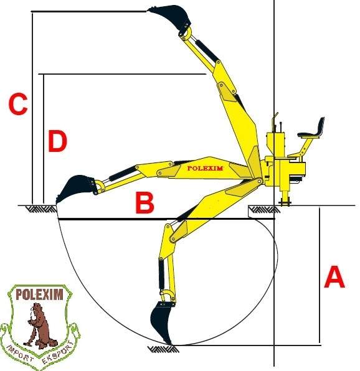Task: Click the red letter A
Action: [x=334, y=276]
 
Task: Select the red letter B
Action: [x=144, y=202]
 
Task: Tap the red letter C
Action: [x=18, y=104]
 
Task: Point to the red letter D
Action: [x=57, y=141]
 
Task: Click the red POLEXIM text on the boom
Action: [x=205, y=168]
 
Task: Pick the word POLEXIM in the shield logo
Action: [x=39, y=294]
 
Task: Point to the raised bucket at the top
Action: [x=171, y=17]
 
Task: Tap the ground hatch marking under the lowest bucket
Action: [x=163, y=349]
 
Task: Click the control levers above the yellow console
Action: [x=277, y=123]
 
